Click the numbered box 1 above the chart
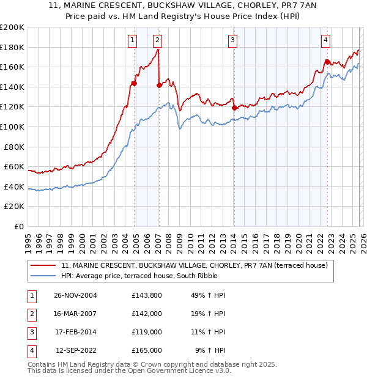[132, 40]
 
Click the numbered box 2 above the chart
[157, 40]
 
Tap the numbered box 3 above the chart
[233, 40]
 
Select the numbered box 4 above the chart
[326, 40]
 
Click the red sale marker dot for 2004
[134, 83]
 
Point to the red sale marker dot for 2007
[159, 85]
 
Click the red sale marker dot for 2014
[234, 108]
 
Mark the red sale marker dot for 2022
[327, 62]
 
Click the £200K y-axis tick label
[12, 28]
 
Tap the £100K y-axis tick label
[12, 127]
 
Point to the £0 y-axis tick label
[18, 226]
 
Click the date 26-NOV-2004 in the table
[75, 295]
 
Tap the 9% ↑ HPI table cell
[210, 350]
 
